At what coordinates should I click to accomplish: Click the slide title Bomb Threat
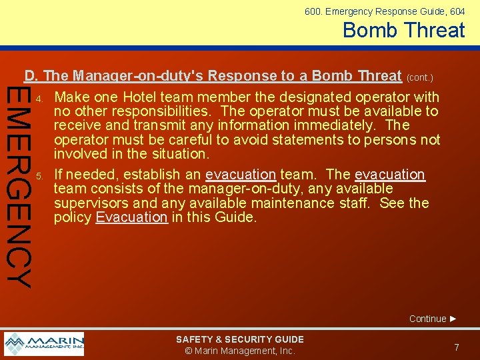(404, 30)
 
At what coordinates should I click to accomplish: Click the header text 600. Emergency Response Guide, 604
(385, 11)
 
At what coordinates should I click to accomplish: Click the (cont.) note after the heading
(420, 77)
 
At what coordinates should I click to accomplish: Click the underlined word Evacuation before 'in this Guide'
(131, 217)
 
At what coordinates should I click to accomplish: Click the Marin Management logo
(44, 343)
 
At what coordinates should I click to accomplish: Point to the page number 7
(457, 347)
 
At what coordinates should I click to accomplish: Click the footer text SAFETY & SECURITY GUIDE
(239, 339)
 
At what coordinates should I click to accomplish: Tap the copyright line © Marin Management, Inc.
(239, 351)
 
